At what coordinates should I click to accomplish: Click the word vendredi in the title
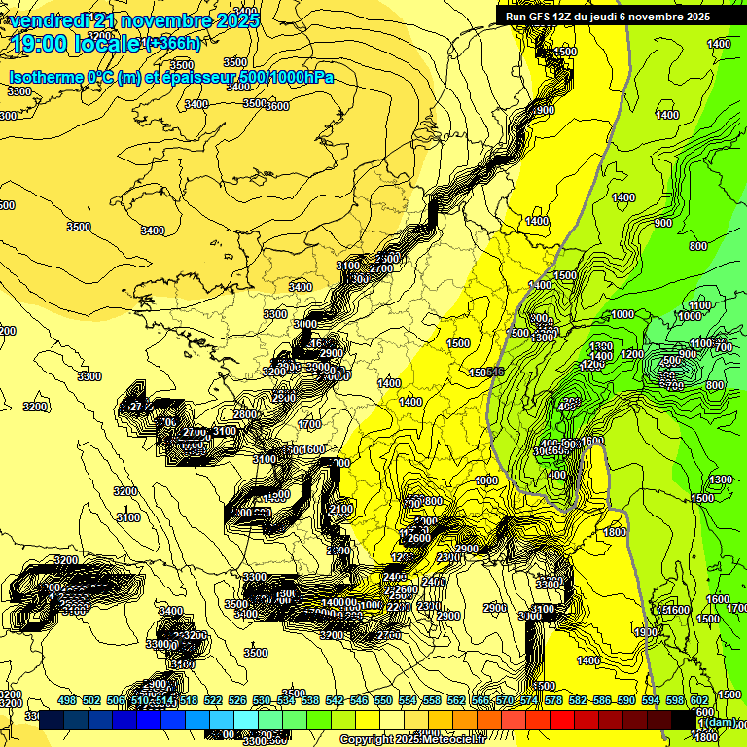pyautogui.click(x=49, y=20)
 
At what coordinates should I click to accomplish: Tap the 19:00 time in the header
pyautogui.click(x=41, y=43)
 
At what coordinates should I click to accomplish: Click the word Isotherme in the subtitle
pyautogui.click(x=47, y=77)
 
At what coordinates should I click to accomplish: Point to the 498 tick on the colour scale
pyautogui.click(x=66, y=700)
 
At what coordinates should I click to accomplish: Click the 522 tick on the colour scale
pyautogui.click(x=213, y=700)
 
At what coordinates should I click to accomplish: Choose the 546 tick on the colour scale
pyautogui.click(x=359, y=700)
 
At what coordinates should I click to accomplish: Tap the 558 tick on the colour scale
pyautogui.click(x=432, y=700)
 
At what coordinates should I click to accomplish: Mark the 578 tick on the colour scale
pyautogui.click(x=553, y=700)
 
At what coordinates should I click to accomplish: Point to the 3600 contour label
pyautogui.click(x=278, y=106)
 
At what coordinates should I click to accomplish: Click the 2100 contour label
pyautogui.click(x=340, y=510)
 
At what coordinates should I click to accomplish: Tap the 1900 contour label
pyautogui.click(x=645, y=632)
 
